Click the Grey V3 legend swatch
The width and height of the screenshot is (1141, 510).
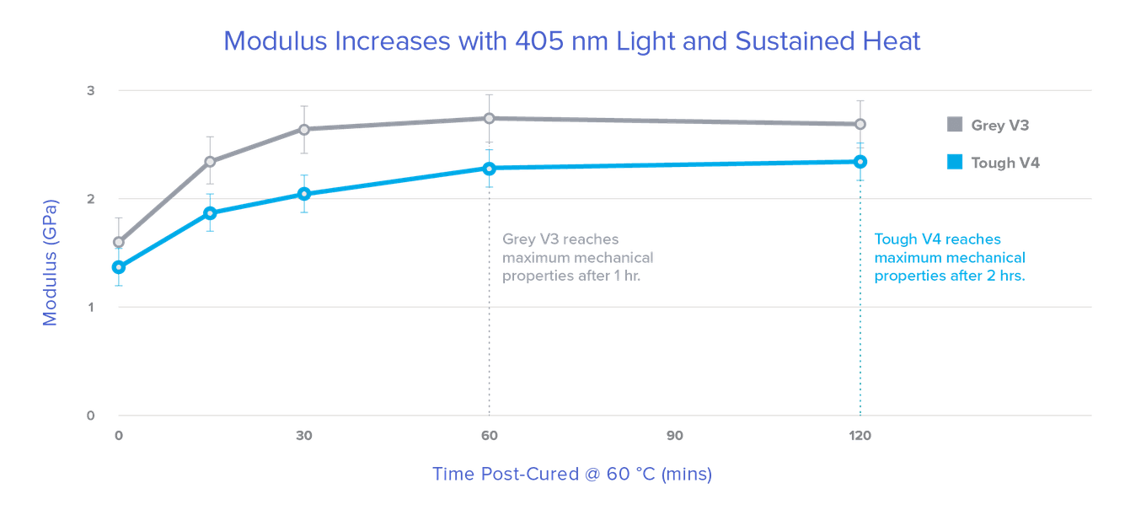[954, 126]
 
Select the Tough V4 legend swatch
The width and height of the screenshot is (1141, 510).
[954, 163]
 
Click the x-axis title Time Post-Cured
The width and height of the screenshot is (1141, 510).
[572, 475]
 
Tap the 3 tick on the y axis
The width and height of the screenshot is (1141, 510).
[92, 90]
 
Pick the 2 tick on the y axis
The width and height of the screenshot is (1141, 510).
[92, 199]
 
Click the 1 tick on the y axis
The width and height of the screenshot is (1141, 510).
[92, 307]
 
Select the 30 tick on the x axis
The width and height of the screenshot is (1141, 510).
[304, 436]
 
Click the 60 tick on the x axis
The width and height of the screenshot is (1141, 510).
[489, 436]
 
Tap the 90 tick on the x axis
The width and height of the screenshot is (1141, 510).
[674, 436]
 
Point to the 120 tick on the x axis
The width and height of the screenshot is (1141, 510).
[860, 436]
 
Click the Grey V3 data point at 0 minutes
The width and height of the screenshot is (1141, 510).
[119, 243]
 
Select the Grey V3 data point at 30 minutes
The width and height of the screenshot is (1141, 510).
[304, 129]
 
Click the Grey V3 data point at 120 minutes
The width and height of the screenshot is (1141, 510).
[860, 124]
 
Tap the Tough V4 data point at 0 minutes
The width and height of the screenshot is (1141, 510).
[119, 267]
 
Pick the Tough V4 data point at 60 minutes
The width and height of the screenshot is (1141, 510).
[489, 168]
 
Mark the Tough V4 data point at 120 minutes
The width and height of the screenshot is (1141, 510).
[860, 161]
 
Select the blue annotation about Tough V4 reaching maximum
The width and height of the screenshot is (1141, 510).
[950, 257]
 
